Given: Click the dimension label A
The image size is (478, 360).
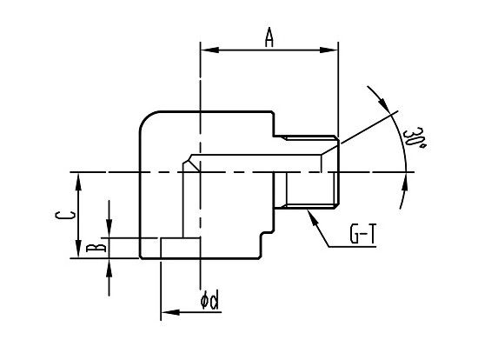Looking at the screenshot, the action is point(269,37).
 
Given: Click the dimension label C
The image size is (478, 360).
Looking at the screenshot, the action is point(64,215).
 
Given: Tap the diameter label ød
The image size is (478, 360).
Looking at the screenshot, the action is point(209,300).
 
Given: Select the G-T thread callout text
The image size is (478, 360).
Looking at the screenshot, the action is point(363,234).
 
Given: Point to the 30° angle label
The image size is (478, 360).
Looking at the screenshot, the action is point(414,138).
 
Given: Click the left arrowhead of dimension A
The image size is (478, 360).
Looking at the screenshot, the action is point(209,50).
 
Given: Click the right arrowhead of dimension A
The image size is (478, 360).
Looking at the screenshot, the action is point(329,50).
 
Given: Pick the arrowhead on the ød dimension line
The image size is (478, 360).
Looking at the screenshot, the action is point(170,312).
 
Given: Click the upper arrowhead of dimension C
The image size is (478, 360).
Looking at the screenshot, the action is point(78,182).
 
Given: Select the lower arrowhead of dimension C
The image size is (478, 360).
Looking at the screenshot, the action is point(78,249).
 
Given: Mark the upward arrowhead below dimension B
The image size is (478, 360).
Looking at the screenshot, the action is point(110,268).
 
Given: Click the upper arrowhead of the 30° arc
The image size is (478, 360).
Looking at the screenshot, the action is point(383,104).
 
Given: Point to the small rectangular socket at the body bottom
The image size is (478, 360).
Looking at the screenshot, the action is point(181,248).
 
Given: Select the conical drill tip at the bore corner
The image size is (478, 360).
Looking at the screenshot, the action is point(191,163).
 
